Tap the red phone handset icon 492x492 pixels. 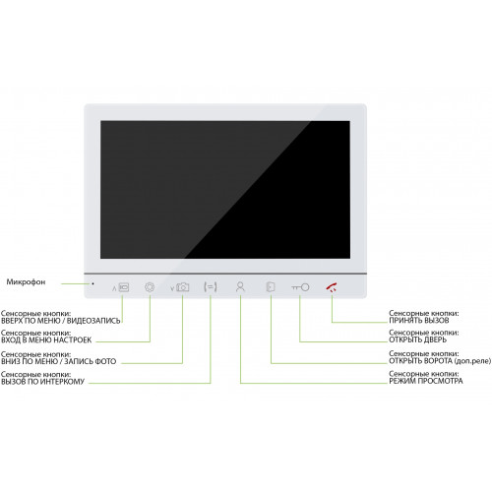click(x=332, y=287)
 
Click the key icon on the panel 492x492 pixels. click(x=300, y=287)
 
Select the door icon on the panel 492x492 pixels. click(x=271, y=287)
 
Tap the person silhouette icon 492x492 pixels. click(x=240, y=287)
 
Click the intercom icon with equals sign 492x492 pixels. click(x=211, y=287)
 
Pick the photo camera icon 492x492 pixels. click(x=182, y=287)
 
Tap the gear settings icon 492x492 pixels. click(x=150, y=287)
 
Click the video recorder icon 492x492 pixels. click(x=124, y=287)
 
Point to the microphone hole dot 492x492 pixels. click(x=93, y=283)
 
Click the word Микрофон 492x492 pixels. click(x=26, y=282)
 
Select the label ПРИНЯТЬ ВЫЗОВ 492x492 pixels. click(x=419, y=321)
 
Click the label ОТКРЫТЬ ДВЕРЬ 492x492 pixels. click(x=417, y=339)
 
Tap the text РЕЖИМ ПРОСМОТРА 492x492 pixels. click(x=426, y=381)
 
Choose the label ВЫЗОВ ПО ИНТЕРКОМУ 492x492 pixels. click(x=42, y=382)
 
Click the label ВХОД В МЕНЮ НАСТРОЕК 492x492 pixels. click(x=46, y=340)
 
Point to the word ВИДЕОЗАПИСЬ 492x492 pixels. click(x=93, y=321)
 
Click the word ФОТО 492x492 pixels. click(x=105, y=361)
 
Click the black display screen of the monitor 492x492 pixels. click(x=225, y=190)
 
